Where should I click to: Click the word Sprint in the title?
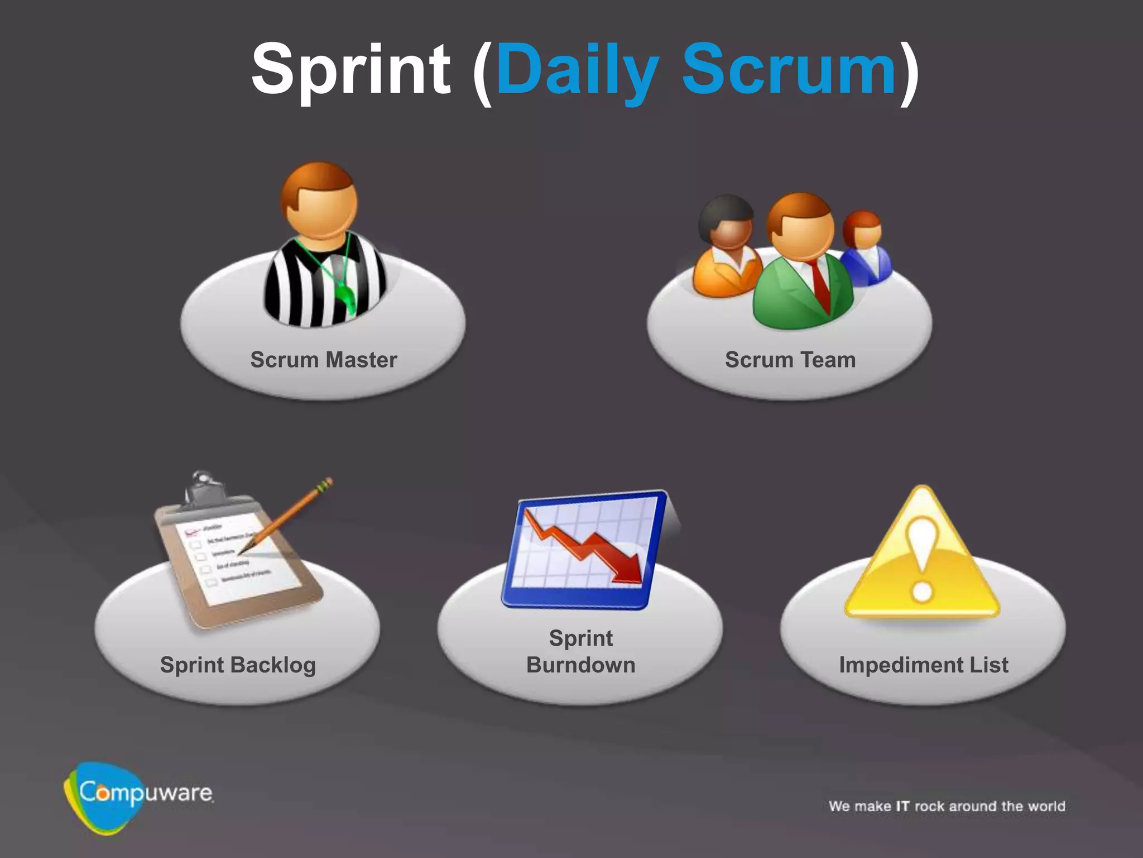tap(350, 70)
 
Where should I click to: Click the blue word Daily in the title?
tap(578, 70)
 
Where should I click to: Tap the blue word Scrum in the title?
tap(788, 70)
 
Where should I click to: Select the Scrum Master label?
tap(323, 360)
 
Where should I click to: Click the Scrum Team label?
tap(790, 360)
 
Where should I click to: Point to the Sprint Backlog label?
tap(238, 665)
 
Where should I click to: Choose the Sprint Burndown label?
tap(580, 651)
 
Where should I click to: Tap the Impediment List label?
tap(924, 665)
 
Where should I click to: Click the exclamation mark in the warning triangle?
tap(922, 559)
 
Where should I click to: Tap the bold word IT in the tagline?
tap(902, 806)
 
